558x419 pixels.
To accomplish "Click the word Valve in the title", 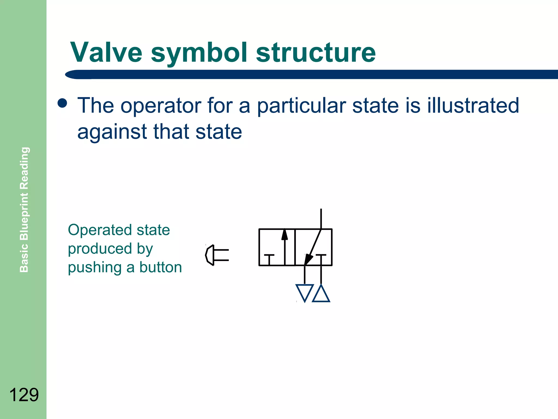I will tap(106, 52).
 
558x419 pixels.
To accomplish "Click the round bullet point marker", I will tap(62, 103).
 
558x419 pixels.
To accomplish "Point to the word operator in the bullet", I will tap(161, 106).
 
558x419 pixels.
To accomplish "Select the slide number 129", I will tap(24, 395).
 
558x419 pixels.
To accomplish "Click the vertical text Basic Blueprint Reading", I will tap(24, 209).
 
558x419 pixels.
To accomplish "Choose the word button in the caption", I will tap(161, 267).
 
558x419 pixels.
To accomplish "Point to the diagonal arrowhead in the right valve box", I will tap(308, 259).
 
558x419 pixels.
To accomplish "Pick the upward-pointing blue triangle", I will tap(321, 294).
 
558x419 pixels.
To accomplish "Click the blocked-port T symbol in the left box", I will tap(269, 259).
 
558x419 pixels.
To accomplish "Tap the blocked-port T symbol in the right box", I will tap(321, 259).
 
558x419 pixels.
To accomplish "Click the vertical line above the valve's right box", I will tap(321, 219).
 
